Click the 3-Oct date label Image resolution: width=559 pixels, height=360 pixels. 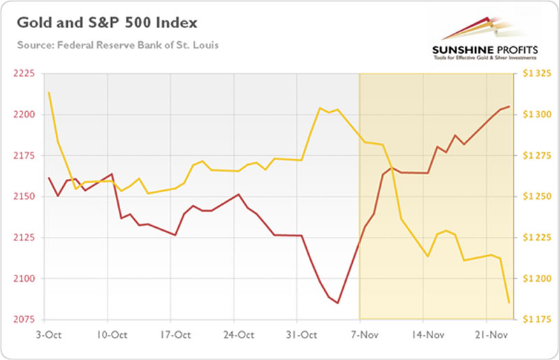pyautogui.click(x=49, y=333)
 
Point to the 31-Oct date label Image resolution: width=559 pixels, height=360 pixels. pyautogui.click(x=298, y=333)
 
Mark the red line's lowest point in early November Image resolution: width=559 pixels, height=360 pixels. pyautogui.click(x=337, y=303)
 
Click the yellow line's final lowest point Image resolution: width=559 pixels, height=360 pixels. pyautogui.click(x=509, y=302)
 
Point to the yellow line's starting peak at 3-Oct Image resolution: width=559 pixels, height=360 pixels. pyautogui.click(x=48, y=92)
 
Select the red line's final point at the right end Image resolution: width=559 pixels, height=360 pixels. pyautogui.click(x=509, y=106)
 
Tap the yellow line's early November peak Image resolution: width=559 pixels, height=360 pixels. pyautogui.click(x=319, y=108)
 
